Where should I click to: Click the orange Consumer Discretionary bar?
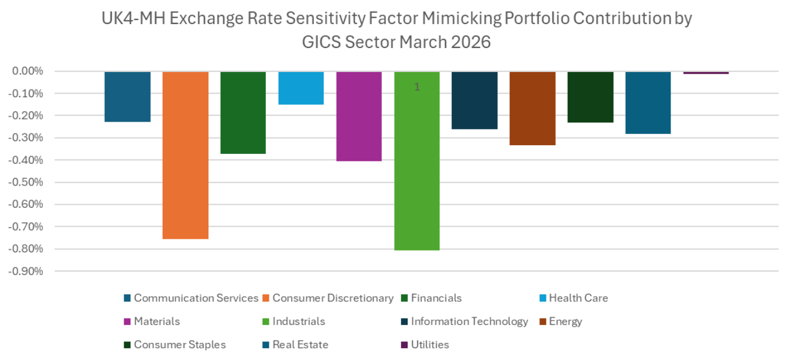[x=185, y=155]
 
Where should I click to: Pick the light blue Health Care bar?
[x=301, y=88]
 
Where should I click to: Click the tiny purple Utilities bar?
[x=706, y=73]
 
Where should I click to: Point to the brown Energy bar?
[x=532, y=108]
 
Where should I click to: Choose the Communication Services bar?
[x=128, y=97]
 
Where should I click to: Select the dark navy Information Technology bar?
[x=474, y=100]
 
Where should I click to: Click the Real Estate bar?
[x=648, y=102]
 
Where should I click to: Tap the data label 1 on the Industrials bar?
[x=417, y=87]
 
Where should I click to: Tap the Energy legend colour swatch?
[x=542, y=322]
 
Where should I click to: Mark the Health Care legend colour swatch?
[x=542, y=299]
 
